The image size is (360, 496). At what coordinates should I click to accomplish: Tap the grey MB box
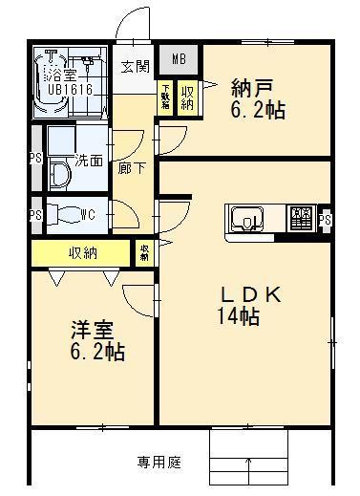[178, 60]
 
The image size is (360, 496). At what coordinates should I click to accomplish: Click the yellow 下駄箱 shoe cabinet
[165, 98]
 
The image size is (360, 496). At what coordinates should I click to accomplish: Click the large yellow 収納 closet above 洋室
[80, 253]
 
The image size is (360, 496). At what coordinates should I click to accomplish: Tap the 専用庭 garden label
[158, 463]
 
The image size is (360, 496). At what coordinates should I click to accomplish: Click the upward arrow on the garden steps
[249, 467]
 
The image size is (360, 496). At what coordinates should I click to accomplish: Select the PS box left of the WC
[36, 214]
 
